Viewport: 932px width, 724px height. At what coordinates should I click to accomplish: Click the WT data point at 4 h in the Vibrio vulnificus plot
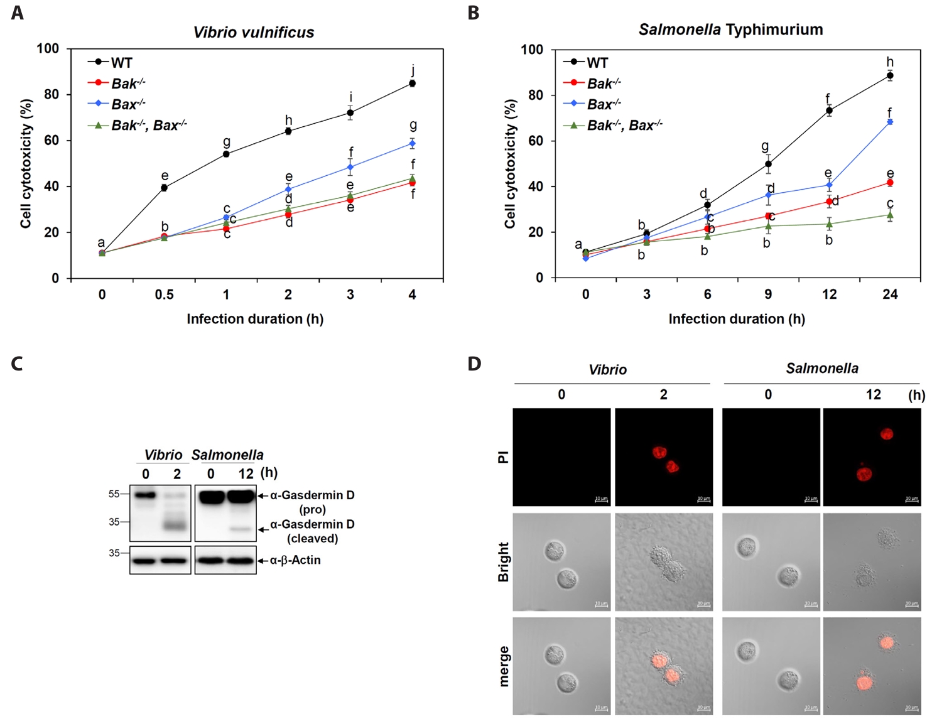412,83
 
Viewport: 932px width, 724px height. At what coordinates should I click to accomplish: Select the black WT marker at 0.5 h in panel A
165,187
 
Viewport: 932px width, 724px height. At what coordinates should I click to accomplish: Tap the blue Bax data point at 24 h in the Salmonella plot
890,122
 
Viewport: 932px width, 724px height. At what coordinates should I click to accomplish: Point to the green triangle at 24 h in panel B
890,215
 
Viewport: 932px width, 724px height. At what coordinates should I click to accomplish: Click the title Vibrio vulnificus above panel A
254,33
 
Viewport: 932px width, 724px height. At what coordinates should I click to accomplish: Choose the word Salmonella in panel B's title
680,30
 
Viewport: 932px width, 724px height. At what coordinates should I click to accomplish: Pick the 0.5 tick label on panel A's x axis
165,294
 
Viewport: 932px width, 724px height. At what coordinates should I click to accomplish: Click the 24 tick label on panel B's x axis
890,294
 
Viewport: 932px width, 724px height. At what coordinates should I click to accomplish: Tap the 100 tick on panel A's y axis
48,48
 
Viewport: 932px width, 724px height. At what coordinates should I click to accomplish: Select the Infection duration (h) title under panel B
737,319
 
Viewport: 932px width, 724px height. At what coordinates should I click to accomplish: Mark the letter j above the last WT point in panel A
413,70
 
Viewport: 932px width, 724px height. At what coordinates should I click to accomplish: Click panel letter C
17,364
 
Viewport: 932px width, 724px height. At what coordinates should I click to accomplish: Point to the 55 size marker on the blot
114,494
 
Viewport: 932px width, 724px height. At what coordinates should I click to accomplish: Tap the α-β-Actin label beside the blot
295,560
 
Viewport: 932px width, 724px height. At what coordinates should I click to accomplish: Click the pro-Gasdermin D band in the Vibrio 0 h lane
146,495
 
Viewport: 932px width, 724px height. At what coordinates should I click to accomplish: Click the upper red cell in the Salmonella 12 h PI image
886,433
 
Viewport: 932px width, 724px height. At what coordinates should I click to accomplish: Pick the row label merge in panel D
504,666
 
